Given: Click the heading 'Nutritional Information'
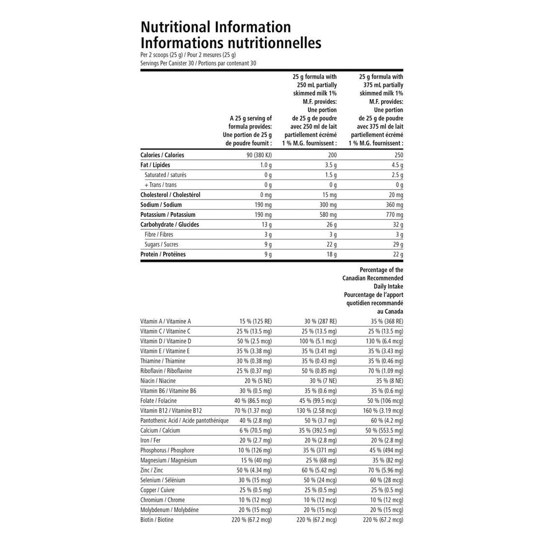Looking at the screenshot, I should tap(216, 27).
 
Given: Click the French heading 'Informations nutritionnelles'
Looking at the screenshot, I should tap(231, 43).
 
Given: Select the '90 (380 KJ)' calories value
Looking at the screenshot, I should tap(257, 155).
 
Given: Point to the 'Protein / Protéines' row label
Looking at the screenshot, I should tap(163, 254).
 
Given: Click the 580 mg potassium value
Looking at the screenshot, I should tap(326, 215).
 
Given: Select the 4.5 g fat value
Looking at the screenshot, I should tap(397, 165).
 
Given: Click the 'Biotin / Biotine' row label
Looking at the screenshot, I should tap(157, 520).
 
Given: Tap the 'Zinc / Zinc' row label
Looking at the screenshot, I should tap(151, 470).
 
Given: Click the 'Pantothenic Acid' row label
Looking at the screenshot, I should tap(185, 421).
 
